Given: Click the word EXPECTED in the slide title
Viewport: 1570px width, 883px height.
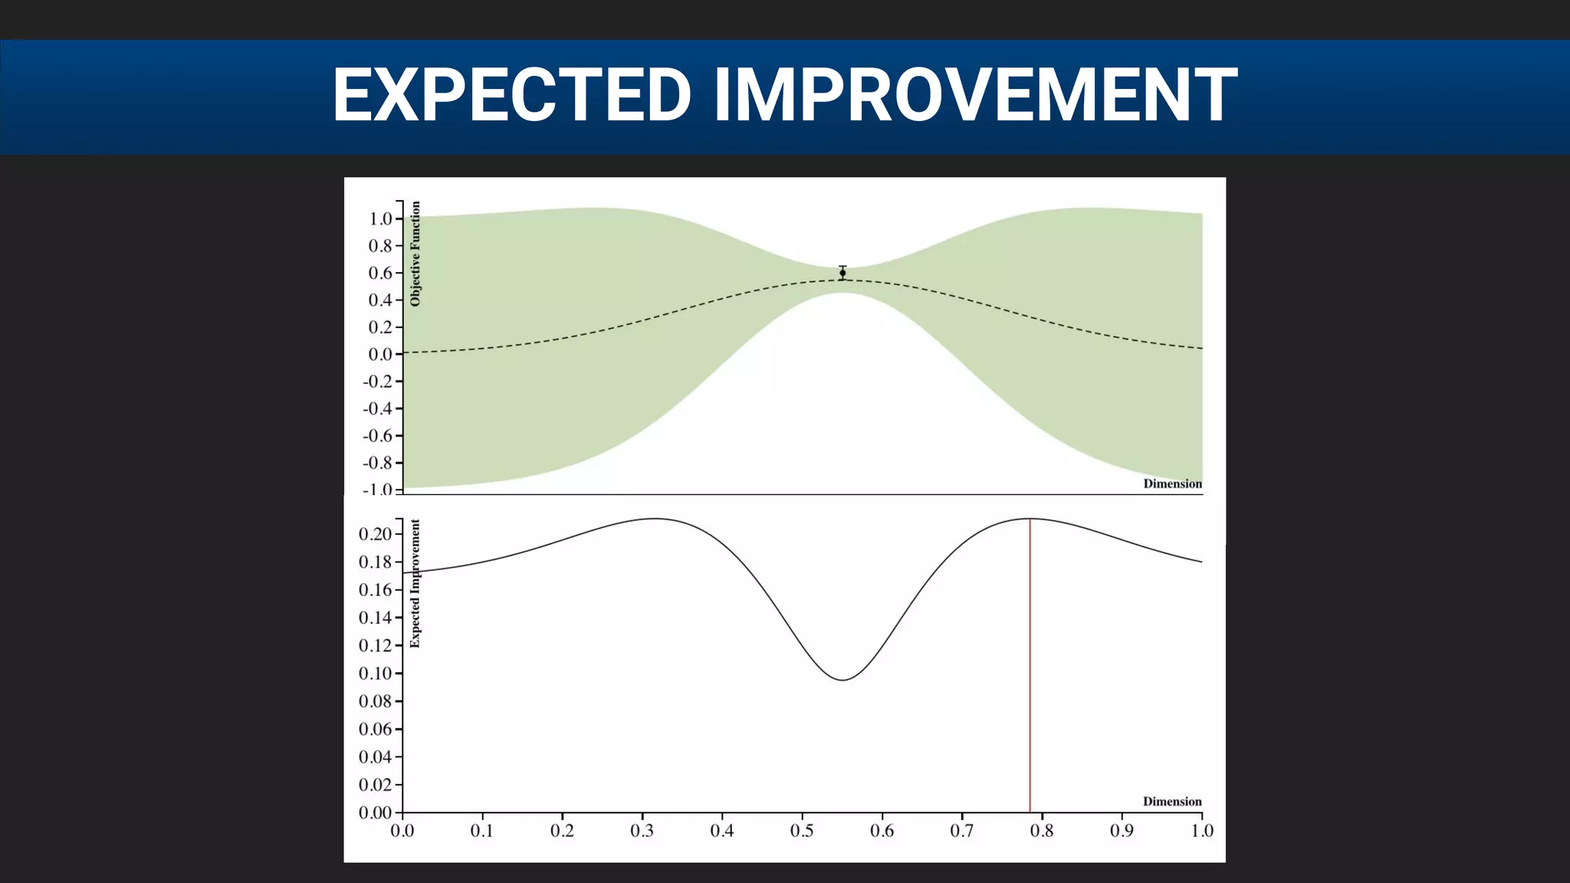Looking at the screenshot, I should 512,95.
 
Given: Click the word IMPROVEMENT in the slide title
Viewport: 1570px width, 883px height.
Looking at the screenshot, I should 975,95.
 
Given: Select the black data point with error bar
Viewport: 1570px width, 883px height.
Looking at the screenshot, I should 842,273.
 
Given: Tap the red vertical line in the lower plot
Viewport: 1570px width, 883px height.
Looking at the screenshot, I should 1030,667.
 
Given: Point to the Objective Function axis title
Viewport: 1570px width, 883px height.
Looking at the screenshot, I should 415,254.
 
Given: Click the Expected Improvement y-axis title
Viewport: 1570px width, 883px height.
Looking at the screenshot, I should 415,583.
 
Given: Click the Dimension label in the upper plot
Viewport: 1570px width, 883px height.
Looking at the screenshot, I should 1172,484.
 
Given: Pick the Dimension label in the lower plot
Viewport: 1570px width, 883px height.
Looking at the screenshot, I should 1172,802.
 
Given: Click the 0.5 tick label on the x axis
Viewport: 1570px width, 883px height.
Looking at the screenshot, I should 802,831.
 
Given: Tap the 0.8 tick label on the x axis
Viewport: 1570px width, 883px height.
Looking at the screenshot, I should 1042,831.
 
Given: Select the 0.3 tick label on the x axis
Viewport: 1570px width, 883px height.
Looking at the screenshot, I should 642,831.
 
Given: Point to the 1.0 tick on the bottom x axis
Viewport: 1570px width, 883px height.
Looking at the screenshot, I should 1201,831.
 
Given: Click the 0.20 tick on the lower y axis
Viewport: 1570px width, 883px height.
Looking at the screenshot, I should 376,534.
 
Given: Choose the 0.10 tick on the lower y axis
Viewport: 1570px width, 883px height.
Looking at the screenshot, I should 376,674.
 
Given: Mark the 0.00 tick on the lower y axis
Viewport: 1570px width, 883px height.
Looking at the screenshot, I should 376,812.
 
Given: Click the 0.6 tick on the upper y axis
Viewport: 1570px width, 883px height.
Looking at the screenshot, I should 380,273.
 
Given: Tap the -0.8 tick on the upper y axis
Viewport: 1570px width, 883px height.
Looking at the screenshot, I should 378,463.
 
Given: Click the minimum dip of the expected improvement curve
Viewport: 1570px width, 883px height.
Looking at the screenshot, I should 842,680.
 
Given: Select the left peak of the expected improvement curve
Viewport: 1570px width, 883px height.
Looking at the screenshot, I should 654,519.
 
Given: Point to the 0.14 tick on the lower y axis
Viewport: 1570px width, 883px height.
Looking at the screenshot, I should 376,618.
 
